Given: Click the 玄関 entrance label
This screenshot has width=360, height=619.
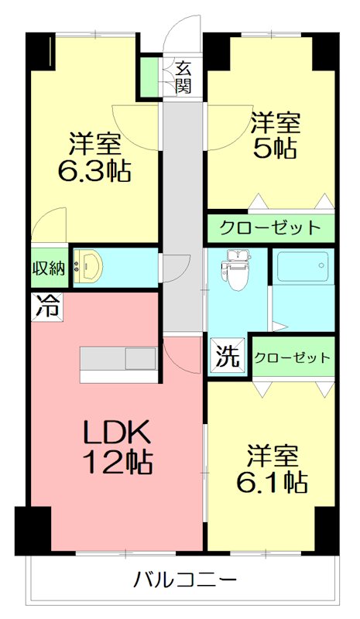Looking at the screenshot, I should click(x=183, y=77).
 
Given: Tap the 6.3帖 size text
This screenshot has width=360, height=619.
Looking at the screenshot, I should click(x=94, y=169).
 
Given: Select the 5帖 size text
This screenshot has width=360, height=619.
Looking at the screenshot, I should click(x=276, y=148).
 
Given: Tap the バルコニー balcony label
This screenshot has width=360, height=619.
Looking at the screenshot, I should click(x=184, y=578).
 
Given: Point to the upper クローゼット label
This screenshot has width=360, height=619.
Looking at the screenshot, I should click(x=269, y=228).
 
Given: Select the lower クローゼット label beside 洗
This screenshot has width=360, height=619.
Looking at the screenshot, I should click(x=293, y=357).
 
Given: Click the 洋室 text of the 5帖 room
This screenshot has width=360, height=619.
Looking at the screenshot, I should click(x=276, y=121).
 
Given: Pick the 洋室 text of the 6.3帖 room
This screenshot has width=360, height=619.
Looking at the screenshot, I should click(x=94, y=143).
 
